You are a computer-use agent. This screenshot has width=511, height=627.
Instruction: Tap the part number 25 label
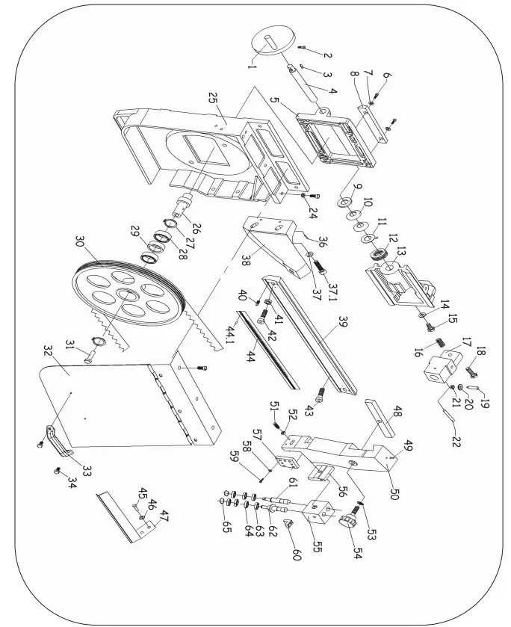(211, 99)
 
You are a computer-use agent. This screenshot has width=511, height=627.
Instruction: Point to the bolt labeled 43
(320, 390)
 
